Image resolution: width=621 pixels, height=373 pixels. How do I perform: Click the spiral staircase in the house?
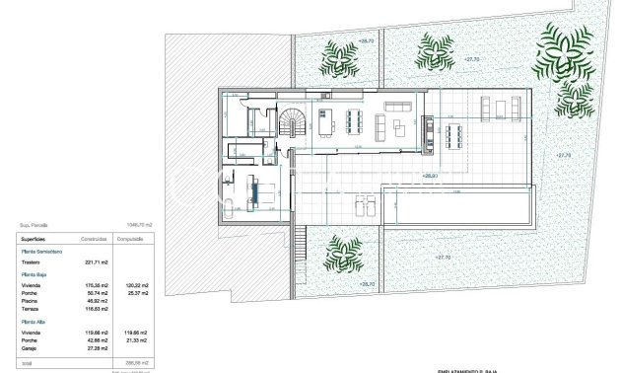click(293, 122)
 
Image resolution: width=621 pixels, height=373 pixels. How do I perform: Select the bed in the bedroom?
click(262, 189)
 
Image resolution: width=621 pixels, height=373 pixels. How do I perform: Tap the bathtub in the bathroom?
click(229, 208)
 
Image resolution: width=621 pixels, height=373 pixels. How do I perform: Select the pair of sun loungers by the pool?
click(362, 205)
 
